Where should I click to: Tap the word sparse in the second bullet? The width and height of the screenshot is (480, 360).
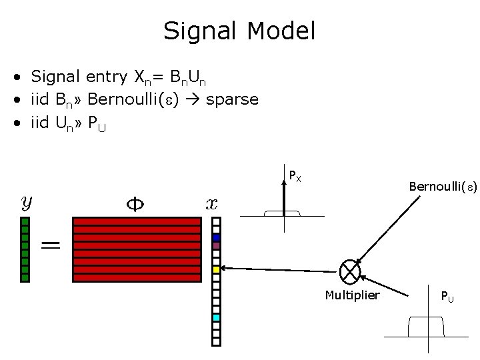(x=232, y=99)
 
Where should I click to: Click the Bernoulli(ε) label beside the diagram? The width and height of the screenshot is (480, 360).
(x=443, y=188)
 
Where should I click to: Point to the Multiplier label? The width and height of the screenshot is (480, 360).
(x=352, y=295)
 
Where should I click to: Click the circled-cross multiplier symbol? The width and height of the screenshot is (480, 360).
(x=350, y=270)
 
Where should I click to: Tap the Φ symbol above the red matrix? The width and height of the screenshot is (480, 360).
(x=135, y=203)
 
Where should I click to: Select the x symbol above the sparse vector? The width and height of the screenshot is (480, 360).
(x=211, y=203)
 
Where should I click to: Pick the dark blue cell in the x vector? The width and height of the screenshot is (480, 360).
(x=216, y=237)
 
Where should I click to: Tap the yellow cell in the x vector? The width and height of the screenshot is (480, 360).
(x=216, y=269)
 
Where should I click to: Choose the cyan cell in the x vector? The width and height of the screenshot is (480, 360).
(x=216, y=318)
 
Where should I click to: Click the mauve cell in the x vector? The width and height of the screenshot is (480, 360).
(x=216, y=245)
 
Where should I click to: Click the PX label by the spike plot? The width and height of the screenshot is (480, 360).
(x=295, y=176)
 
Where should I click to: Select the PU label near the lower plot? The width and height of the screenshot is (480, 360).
(x=448, y=295)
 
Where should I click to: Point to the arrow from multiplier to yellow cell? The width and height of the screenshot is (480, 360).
(x=280, y=269)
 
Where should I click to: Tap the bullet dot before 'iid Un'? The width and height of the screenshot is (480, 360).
(x=22, y=123)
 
